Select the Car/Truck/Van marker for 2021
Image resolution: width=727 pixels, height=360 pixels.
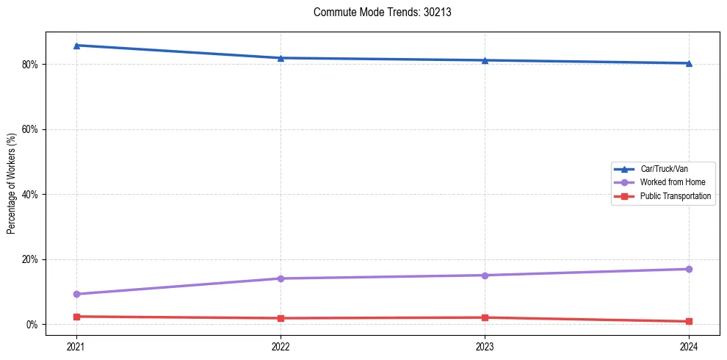click(76, 46)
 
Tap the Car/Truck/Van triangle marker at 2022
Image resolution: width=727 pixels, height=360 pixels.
click(281, 58)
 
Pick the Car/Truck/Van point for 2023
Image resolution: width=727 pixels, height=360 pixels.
click(485, 60)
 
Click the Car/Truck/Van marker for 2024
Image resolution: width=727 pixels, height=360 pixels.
click(689, 63)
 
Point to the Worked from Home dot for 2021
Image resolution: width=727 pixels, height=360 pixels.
click(76, 294)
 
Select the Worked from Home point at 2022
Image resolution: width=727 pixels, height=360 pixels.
click(281, 278)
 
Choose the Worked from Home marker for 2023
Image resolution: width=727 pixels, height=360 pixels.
click(485, 276)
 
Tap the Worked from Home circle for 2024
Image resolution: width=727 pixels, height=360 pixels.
click(689, 269)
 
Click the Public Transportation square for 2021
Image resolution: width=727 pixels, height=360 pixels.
click(76, 317)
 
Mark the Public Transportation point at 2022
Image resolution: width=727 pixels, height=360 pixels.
click(281, 318)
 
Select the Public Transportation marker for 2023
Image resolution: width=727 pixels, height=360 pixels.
click(485, 317)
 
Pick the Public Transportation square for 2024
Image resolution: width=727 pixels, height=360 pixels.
click(689, 321)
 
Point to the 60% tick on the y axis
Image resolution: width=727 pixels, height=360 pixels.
click(30, 129)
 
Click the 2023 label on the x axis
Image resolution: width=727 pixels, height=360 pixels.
click(485, 346)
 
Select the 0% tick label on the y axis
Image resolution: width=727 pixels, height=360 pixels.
click(32, 325)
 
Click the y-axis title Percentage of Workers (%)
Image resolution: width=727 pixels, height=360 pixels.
click(12, 183)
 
